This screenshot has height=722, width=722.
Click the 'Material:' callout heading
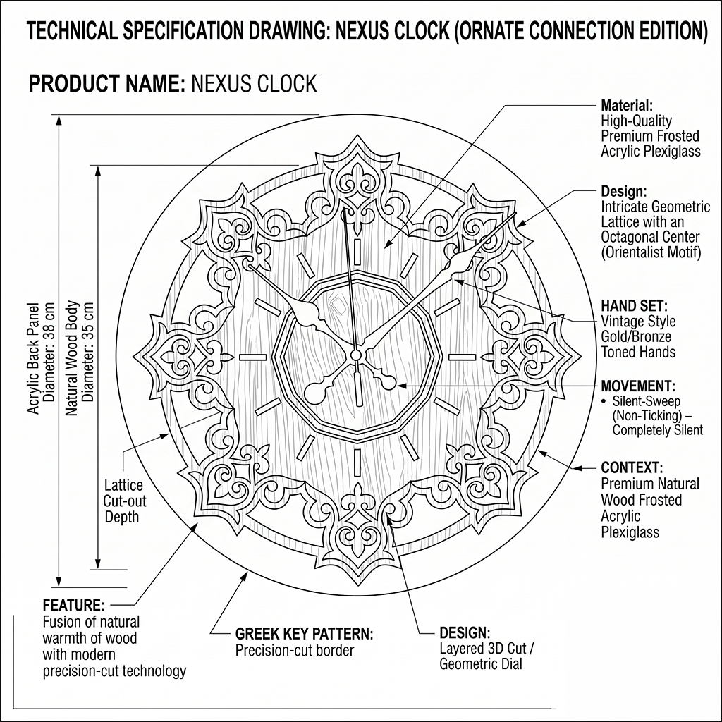(x=627, y=106)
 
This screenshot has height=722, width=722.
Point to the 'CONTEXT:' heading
(x=631, y=467)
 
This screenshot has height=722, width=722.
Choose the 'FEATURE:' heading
(x=73, y=606)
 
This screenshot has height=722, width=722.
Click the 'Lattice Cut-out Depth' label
(x=123, y=501)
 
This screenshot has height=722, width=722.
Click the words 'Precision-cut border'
(x=295, y=650)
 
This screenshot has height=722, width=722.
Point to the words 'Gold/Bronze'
(x=637, y=337)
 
